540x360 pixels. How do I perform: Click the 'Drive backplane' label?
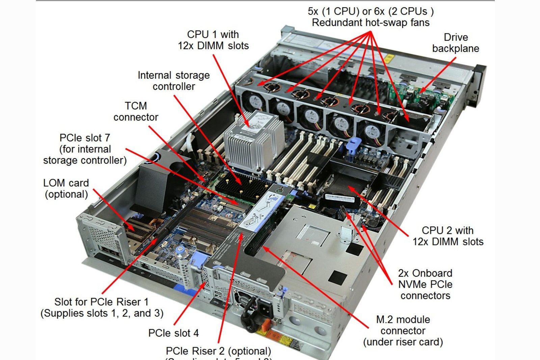tap(456, 43)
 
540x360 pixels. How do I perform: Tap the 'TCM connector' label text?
tap(136, 111)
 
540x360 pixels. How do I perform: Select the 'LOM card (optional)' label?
tap(66, 189)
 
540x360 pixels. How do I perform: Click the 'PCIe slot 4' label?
tap(173, 333)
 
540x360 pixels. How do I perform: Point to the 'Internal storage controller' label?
tap(173, 81)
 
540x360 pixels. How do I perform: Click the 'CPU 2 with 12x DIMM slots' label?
tap(448, 236)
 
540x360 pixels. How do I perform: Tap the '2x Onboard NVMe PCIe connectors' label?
tap(425, 284)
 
